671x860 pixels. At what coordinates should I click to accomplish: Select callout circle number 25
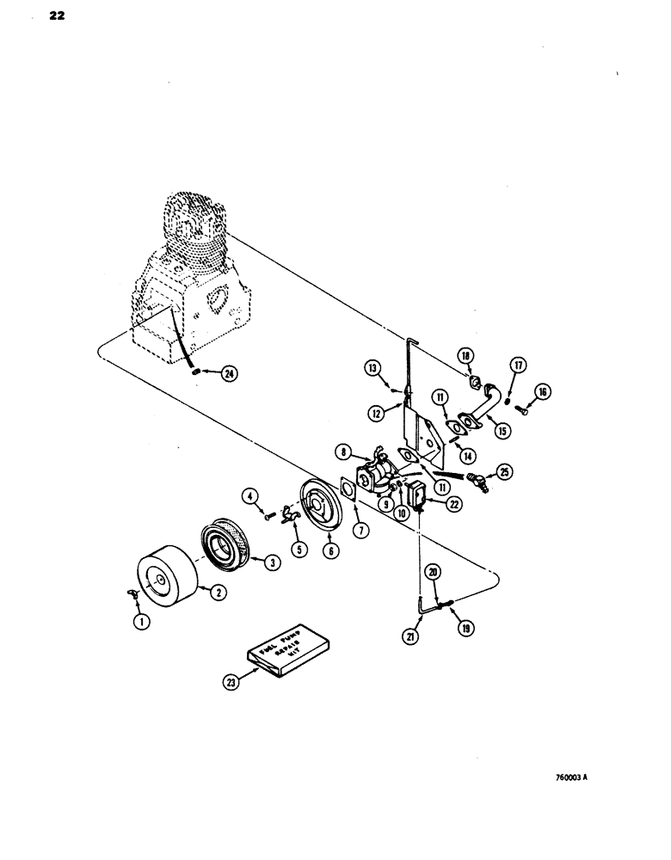pyautogui.click(x=503, y=472)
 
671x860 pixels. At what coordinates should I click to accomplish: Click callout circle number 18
pyautogui.click(x=489, y=355)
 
